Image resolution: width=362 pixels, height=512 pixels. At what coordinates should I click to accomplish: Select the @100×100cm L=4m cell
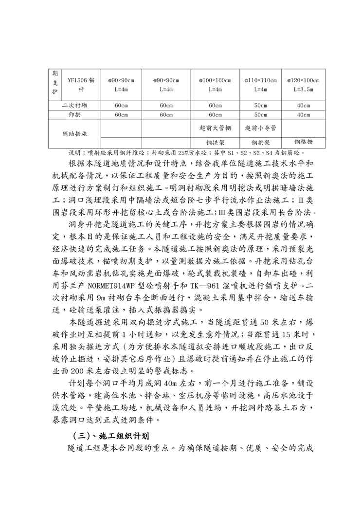[x=215, y=85]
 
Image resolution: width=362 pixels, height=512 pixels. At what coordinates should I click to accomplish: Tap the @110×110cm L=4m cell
[x=260, y=85]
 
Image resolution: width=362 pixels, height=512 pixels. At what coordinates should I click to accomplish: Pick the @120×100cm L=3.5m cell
[x=303, y=85]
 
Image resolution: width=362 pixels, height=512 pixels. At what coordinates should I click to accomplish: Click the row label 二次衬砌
[x=75, y=105]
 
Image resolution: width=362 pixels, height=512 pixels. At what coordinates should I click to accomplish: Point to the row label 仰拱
[x=75, y=115]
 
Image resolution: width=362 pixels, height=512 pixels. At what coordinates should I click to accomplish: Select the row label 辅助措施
[x=75, y=133]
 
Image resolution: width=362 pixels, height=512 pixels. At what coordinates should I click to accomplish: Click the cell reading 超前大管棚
[x=215, y=128]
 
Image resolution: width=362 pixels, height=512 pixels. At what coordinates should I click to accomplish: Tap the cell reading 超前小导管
[x=260, y=128]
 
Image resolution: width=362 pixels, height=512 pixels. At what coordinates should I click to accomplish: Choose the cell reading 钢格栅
[x=303, y=142]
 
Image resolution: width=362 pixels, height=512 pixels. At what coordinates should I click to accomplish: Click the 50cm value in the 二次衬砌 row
[x=260, y=105]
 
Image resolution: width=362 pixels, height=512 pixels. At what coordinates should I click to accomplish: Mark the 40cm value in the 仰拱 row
[x=303, y=115]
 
